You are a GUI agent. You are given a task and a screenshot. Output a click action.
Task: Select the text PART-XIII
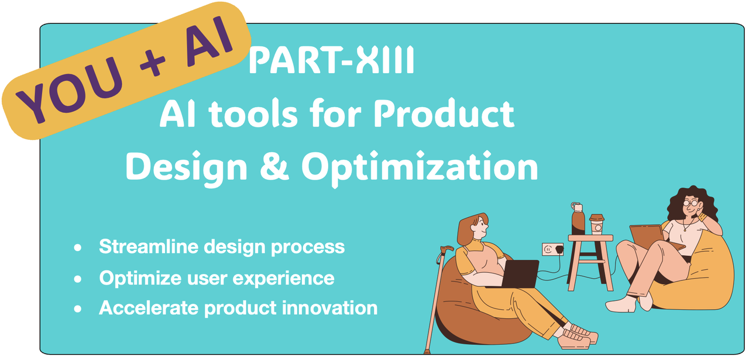tap(332, 60)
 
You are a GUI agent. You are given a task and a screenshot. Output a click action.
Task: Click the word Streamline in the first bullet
tap(149, 247)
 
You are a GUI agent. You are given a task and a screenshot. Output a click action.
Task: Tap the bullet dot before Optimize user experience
tap(78, 279)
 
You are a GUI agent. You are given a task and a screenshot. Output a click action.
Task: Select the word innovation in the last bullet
tap(329, 308)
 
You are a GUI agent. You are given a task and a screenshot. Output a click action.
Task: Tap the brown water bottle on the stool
tap(578, 218)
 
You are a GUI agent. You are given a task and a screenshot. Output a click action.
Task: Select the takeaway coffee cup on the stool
tap(597, 224)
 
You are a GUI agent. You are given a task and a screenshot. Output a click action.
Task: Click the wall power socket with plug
tap(553, 249)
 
